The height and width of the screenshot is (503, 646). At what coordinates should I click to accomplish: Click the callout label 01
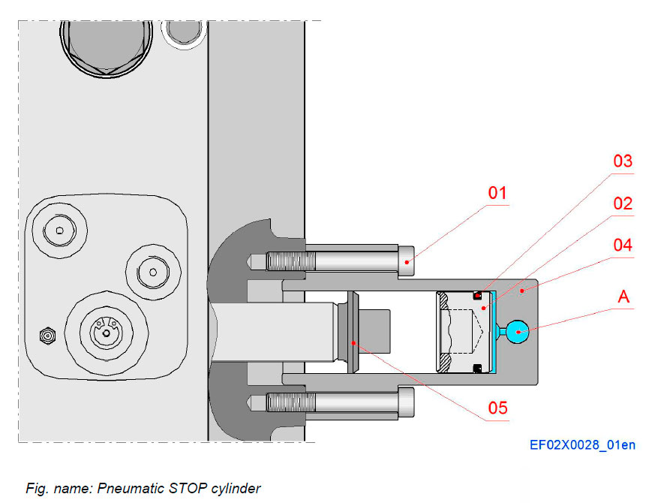(498, 193)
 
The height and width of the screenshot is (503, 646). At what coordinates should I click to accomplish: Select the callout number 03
(622, 161)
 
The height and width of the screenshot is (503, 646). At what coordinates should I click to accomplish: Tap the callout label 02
(622, 203)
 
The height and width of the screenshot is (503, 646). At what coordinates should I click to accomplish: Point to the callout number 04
(622, 245)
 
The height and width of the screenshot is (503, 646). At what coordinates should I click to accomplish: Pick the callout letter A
(622, 297)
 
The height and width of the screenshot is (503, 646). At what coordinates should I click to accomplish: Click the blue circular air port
(517, 330)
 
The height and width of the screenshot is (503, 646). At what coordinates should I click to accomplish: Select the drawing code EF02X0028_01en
(582, 445)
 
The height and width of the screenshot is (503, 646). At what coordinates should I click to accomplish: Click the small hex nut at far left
(47, 336)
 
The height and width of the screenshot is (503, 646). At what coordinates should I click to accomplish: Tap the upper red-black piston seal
(476, 296)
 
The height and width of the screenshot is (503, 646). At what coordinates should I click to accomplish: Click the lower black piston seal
(476, 367)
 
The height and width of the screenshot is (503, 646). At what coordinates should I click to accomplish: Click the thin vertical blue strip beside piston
(496, 331)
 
